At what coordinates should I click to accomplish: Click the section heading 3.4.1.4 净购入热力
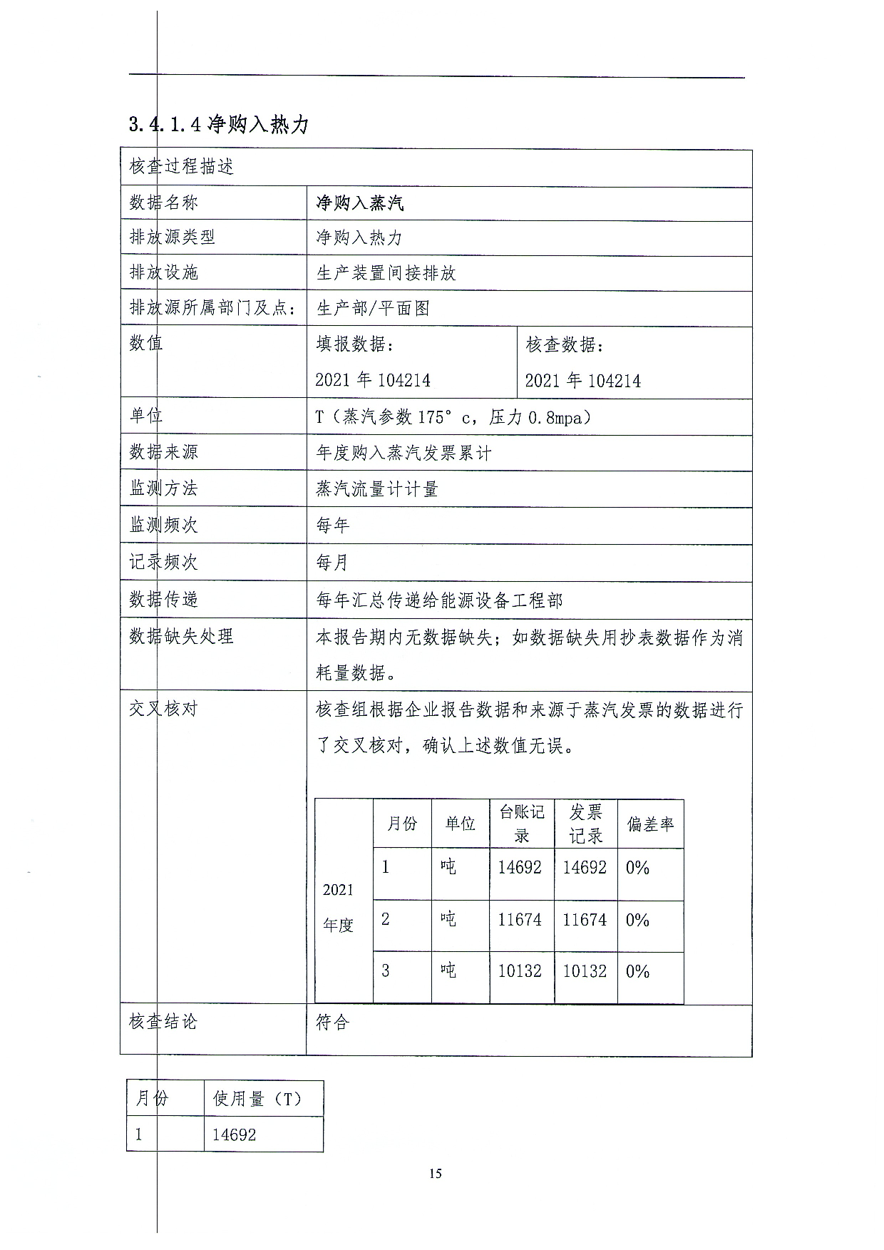[219, 125]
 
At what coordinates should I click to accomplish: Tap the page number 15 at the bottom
[436, 1174]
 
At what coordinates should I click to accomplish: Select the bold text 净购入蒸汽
[360, 203]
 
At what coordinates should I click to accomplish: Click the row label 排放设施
[164, 272]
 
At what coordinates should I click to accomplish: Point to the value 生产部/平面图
[373, 308]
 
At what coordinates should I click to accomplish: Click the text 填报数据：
[355, 344]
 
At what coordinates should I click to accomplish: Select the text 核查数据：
[565, 345]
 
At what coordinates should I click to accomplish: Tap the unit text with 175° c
[453, 417]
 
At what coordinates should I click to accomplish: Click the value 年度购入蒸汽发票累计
[404, 453]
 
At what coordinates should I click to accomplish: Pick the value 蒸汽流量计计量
[377, 489]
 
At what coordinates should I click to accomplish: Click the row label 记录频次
[163, 562]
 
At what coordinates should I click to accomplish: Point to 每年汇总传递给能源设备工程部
[439, 600]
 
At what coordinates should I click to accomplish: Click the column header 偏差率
[650, 824]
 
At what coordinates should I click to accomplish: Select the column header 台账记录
[521, 824]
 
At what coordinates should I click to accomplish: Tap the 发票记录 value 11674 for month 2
[585, 920]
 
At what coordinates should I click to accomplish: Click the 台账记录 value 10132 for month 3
[520, 971]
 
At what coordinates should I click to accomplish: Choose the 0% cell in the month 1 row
[637, 868]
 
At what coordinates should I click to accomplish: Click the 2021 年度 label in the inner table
[338, 907]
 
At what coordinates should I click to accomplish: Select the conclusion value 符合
[332, 1023]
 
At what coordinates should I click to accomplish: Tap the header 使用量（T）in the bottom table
[257, 1099]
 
